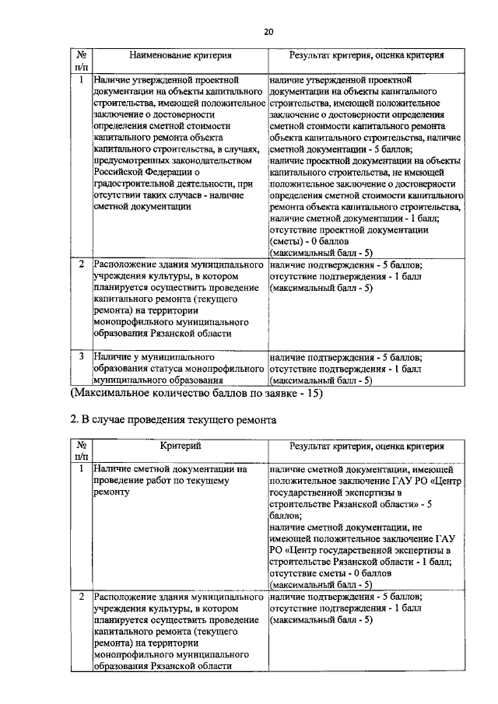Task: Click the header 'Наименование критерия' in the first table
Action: coord(178,56)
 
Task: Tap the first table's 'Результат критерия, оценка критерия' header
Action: coord(366,56)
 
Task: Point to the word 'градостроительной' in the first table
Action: coord(137,184)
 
